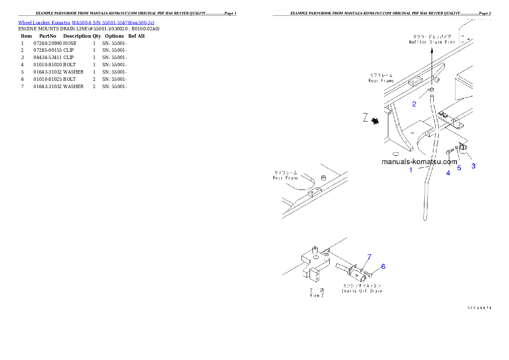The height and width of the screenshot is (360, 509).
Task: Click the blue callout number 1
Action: pos(411,170)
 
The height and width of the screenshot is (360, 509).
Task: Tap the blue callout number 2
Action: pos(414,104)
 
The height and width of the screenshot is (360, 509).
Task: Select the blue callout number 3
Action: pos(473,166)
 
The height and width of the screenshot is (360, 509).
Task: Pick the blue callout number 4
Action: pos(448,173)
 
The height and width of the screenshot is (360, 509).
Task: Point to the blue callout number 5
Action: pos(459,168)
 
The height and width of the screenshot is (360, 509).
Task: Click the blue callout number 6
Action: pos(383,266)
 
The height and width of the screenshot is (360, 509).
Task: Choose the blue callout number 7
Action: pos(369,257)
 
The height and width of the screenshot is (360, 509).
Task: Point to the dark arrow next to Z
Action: pos(376,121)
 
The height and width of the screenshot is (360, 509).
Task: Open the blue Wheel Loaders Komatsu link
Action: pos(86,22)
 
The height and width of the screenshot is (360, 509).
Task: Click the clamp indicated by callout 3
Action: pos(463,148)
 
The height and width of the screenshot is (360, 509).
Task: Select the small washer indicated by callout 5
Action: pos(456,148)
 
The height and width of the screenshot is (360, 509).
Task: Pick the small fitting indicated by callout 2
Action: pos(432,90)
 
